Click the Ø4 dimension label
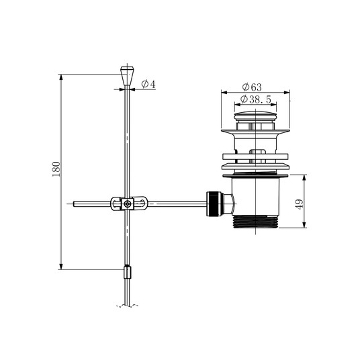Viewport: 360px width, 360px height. coord(148,84)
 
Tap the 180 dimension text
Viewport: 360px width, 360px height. coord(56,169)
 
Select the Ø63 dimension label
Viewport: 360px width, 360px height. coord(252,87)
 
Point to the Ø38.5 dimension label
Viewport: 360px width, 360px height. coord(255,99)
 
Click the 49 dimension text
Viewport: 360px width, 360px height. coord(300,204)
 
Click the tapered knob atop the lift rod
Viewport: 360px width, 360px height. coord(127,76)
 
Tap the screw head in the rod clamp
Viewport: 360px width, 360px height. coord(127,204)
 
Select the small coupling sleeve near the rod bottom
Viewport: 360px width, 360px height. coord(128,272)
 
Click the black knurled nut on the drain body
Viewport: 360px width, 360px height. coord(214,204)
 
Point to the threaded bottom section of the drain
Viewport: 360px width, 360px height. coord(255,222)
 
